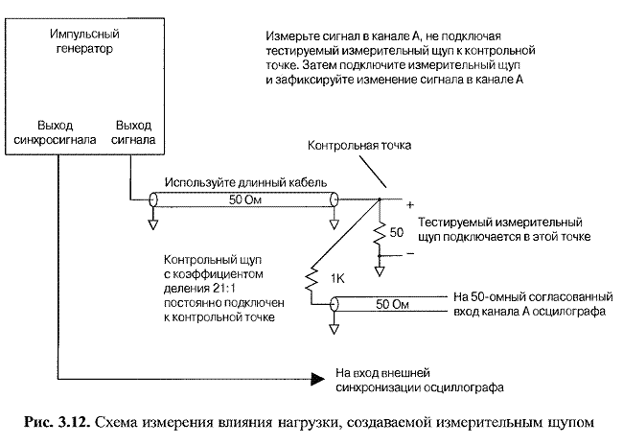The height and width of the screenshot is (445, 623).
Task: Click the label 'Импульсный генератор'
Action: (x=84, y=41)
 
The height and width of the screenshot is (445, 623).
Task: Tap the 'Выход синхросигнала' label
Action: (x=55, y=132)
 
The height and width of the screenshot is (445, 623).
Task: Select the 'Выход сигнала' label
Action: (x=133, y=132)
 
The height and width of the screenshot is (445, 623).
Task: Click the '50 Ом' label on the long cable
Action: (x=245, y=199)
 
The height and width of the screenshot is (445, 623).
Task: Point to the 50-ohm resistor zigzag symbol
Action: (x=380, y=232)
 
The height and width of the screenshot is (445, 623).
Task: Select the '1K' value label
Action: (x=337, y=279)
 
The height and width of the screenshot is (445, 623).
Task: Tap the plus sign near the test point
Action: (x=410, y=205)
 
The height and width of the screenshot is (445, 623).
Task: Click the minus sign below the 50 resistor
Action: (x=410, y=253)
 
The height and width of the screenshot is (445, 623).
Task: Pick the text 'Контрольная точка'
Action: (x=359, y=145)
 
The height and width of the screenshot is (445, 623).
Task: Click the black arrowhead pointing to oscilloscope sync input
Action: (x=318, y=379)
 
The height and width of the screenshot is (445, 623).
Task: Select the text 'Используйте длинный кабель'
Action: (x=246, y=182)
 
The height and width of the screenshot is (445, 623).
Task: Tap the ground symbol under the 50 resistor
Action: (x=380, y=271)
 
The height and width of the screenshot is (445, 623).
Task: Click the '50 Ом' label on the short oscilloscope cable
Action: (x=392, y=304)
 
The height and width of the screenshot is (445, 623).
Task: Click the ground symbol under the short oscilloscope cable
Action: (x=335, y=329)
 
